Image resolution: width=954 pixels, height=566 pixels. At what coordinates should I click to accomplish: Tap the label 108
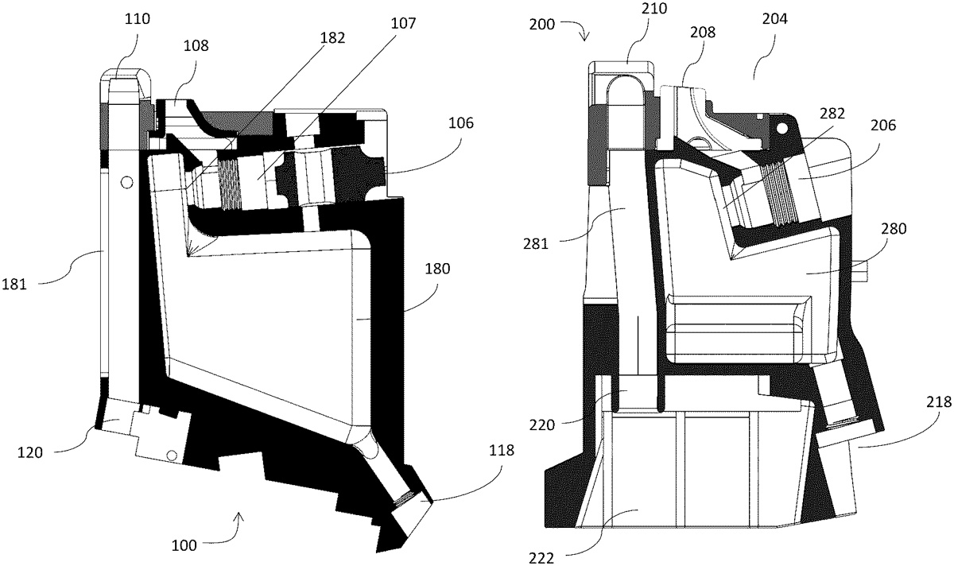tap(197, 45)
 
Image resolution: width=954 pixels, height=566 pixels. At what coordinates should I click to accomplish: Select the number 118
tap(502, 451)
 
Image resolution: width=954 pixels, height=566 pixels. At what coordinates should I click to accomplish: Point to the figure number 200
tap(545, 25)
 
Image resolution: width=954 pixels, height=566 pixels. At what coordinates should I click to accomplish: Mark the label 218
tap(937, 404)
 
